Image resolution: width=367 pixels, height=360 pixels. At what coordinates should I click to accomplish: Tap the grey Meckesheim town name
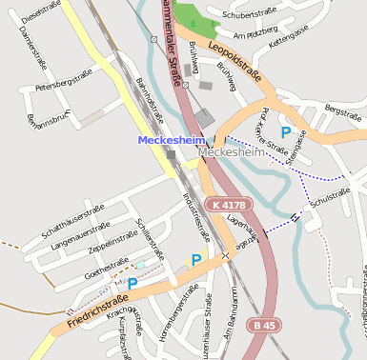[231, 151]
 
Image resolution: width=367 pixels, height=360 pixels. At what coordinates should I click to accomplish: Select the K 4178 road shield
[228, 205]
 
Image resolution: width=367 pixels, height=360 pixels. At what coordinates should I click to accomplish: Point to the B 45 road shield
[265, 325]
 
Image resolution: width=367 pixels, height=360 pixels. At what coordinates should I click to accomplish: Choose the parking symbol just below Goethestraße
[133, 283]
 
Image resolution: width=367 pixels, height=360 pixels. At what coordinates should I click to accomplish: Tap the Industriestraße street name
[194, 218]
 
